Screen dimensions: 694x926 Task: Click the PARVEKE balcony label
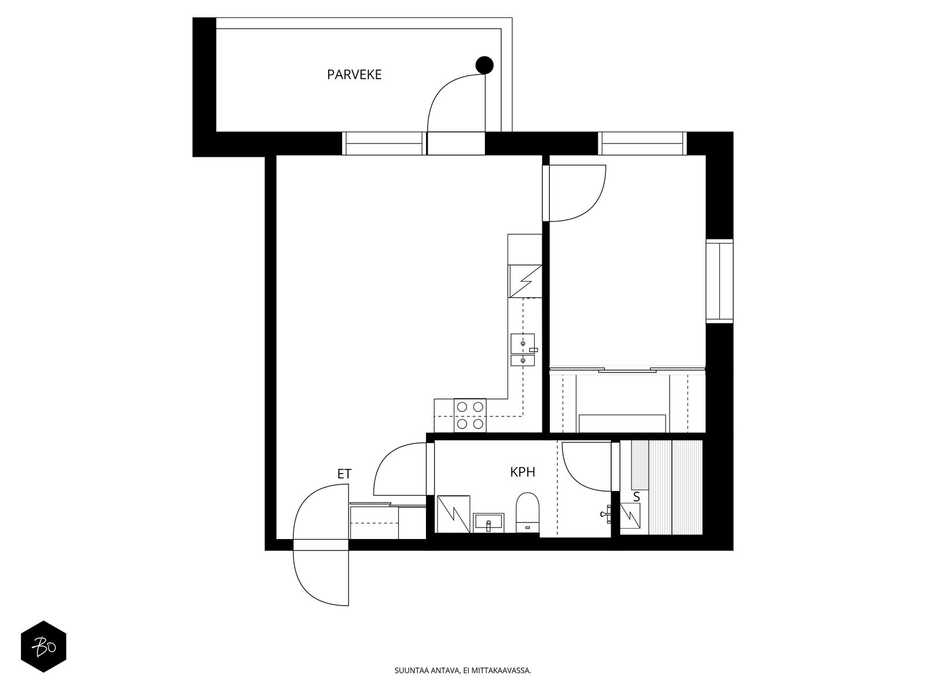click(x=354, y=75)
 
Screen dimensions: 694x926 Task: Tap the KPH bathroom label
click(x=522, y=472)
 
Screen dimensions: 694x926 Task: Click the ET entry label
click(x=344, y=474)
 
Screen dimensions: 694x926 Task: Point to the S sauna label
click(x=637, y=496)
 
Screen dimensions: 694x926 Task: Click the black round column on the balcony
click(x=484, y=65)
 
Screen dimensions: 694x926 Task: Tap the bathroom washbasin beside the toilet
click(x=488, y=523)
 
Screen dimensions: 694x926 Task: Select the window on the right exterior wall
click(x=719, y=281)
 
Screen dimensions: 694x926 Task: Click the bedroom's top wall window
click(x=642, y=143)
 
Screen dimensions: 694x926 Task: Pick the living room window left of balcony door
click(x=383, y=143)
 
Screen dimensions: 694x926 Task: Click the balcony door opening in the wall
click(x=455, y=143)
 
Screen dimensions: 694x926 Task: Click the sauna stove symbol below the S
click(x=630, y=514)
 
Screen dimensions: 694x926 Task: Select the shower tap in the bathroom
click(x=607, y=513)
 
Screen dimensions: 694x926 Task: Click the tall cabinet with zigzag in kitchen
click(x=524, y=280)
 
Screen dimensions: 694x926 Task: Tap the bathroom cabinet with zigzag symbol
click(x=453, y=514)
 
